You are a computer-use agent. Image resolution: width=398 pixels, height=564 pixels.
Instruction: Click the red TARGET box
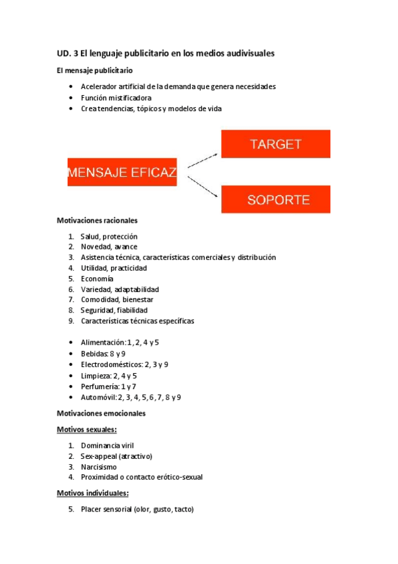(275, 144)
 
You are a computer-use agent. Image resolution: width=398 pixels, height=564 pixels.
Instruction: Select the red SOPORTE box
(275, 199)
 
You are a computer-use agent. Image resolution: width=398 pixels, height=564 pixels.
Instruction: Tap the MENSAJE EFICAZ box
(122, 172)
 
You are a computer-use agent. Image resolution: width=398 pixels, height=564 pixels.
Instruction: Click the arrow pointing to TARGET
(203, 158)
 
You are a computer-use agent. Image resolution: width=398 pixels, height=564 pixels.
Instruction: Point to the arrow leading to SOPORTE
(203, 187)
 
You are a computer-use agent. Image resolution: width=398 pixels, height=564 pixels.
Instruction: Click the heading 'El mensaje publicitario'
(94, 70)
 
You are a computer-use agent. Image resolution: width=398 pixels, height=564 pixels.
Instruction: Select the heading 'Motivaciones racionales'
(97, 220)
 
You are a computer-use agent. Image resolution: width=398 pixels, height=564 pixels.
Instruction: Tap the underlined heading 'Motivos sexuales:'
(87, 430)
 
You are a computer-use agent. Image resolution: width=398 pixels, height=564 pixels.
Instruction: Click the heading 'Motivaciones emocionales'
(101, 414)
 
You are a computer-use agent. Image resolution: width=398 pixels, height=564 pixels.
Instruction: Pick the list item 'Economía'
(97, 279)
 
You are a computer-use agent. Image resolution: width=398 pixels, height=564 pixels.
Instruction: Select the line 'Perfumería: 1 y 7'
(108, 386)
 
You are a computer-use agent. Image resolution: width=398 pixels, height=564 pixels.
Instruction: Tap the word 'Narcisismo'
(98, 467)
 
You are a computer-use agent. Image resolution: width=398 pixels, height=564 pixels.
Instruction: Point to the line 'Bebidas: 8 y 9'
(103, 354)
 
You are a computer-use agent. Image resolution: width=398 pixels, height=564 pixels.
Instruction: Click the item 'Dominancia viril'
(108, 446)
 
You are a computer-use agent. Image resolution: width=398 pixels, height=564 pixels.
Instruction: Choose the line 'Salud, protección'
(109, 236)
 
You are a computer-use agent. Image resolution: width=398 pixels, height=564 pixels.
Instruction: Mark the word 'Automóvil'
(98, 397)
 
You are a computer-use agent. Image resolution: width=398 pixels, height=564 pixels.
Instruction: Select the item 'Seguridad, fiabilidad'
(114, 310)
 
